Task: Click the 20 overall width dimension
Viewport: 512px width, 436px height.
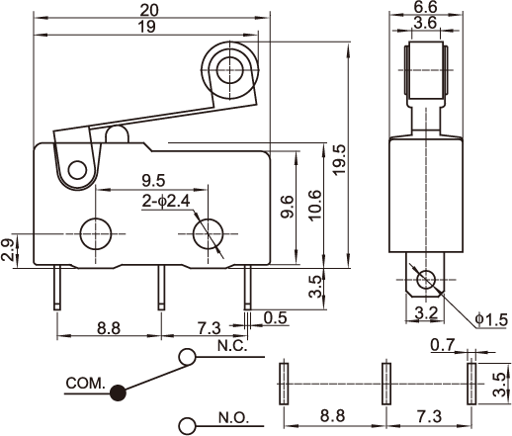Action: [x=149, y=10]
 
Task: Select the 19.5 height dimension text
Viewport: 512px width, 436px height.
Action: [x=339, y=159]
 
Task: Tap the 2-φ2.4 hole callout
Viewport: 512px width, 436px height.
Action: [x=166, y=202]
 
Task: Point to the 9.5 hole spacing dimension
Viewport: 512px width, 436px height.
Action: [x=153, y=181]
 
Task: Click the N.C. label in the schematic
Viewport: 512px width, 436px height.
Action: [x=232, y=346]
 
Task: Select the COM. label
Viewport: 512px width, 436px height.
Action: [x=85, y=383]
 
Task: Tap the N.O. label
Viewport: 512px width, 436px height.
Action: [x=234, y=418]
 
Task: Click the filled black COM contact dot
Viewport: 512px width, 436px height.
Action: [x=118, y=392]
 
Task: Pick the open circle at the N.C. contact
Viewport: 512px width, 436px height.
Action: [x=187, y=357]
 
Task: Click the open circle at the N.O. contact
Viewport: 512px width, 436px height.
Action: [x=187, y=425]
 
